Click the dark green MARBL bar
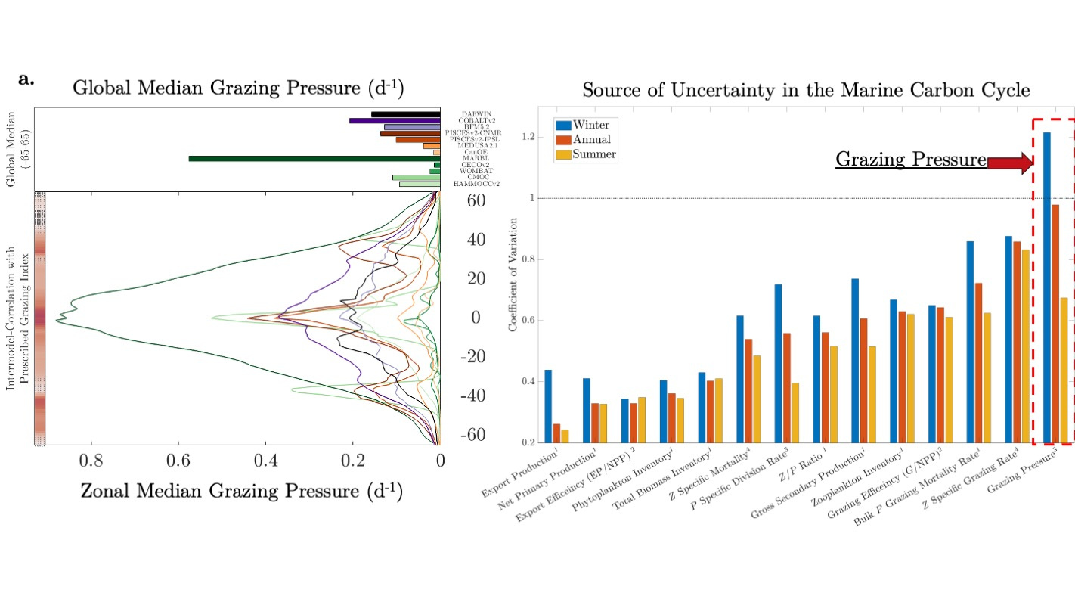[x=314, y=158]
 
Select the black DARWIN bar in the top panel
[x=405, y=114]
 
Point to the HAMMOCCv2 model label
[x=476, y=184]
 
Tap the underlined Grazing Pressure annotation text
[x=910, y=160]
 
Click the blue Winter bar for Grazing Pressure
[x=1047, y=287]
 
